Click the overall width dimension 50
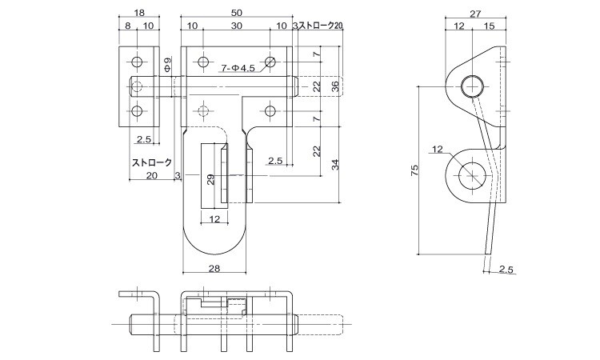pyautogui.click(x=237, y=13)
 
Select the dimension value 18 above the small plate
pyautogui.click(x=139, y=13)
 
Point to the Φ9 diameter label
pyautogui.click(x=167, y=65)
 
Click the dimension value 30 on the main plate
pyautogui.click(x=237, y=26)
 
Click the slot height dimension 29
pyautogui.click(x=210, y=179)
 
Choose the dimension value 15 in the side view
pyautogui.click(x=488, y=26)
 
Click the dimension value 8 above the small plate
pyautogui.click(x=128, y=26)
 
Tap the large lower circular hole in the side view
pyautogui.click(x=473, y=174)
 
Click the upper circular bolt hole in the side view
pyautogui.click(x=472, y=84)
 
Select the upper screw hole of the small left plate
pyautogui.click(x=138, y=62)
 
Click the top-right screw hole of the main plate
pyautogui.click(x=271, y=61)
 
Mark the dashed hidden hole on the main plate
pyautogui.click(x=203, y=110)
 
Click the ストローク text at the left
pyautogui.click(x=152, y=162)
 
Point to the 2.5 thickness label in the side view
pyautogui.click(x=505, y=270)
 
